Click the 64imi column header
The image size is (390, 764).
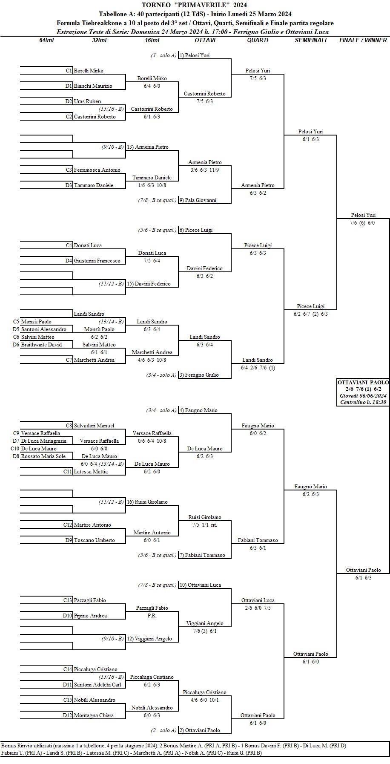[x=46, y=40]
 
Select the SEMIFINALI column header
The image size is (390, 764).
[x=310, y=40]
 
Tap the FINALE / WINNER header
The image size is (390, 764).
[x=363, y=40]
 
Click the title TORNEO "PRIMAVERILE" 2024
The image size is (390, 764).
[x=195, y=5]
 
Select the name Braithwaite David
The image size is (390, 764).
[x=41, y=345]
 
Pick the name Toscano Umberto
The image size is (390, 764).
[x=94, y=540]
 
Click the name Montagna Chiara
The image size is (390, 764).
[x=94, y=715]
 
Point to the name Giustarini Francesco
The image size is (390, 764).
[x=97, y=261]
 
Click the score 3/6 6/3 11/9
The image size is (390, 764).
[x=205, y=170]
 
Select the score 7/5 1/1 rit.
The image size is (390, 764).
[x=205, y=525]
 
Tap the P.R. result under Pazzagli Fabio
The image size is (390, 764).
[x=152, y=616]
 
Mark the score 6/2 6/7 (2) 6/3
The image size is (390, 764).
[x=311, y=314]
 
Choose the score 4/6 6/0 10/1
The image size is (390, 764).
[x=205, y=700]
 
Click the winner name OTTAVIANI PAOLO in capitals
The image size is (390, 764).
[x=363, y=383]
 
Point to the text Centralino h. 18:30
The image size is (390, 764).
[x=363, y=402]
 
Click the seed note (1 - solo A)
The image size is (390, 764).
[x=163, y=55]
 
